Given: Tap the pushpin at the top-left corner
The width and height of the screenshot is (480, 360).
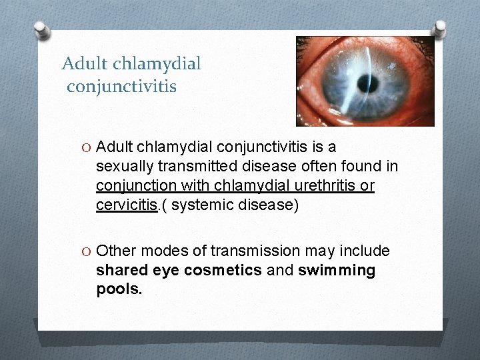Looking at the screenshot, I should (42, 30).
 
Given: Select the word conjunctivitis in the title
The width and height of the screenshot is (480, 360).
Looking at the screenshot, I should (122, 86).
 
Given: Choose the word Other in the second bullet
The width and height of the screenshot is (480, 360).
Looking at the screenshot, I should (115, 251).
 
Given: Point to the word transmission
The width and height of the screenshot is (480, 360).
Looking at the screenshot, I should (255, 251).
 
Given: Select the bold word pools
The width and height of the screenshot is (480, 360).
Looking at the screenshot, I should (119, 290).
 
